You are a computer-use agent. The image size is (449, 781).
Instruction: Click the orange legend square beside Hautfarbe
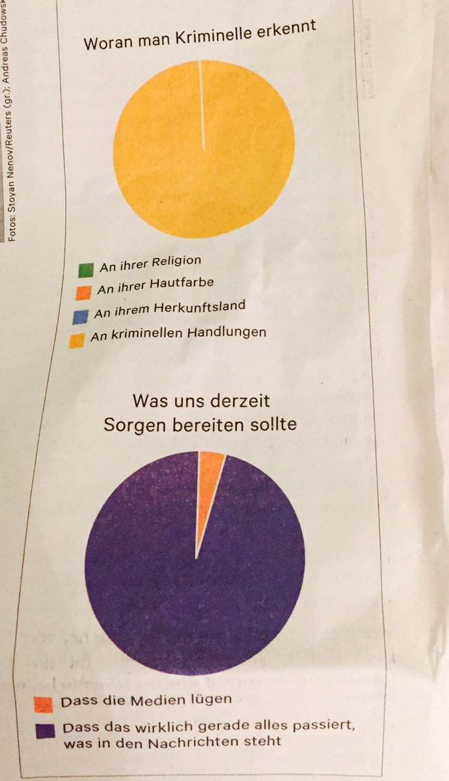pyautogui.click(x=82, y=292)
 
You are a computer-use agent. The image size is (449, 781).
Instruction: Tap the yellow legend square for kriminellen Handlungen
pyautogui.click(x=77, y=340)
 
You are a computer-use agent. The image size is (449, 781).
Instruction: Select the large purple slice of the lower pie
pyautogui.click(x=195, y=586)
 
